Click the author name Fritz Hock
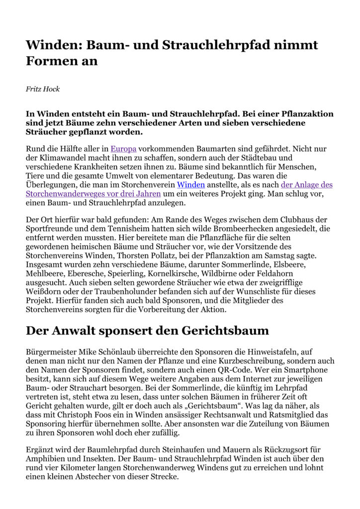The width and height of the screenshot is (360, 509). point(42,89)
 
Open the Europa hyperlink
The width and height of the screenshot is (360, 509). point(123,149)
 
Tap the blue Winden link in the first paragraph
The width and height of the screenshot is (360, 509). point(191,184)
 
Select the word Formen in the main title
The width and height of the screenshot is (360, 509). point(53,61)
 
